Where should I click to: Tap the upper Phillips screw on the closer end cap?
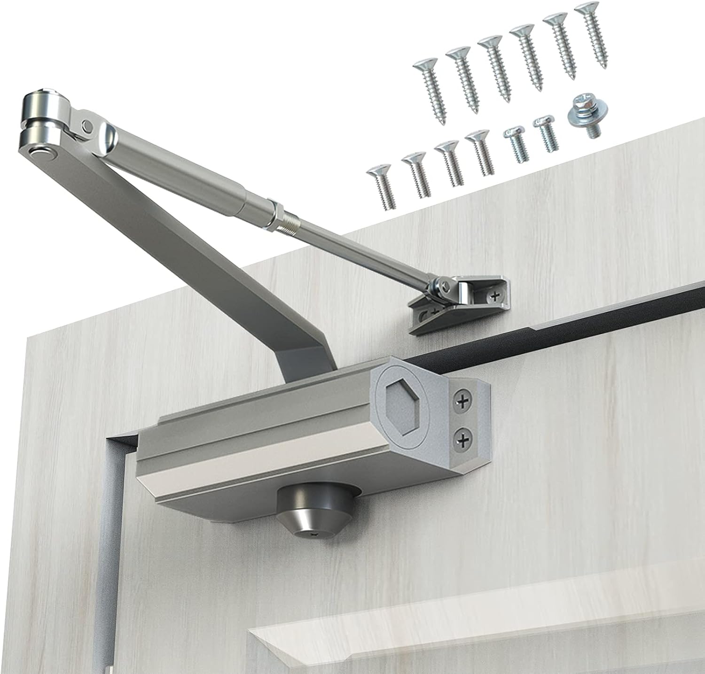(462, 401)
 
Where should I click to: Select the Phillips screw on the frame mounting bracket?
(494, 295)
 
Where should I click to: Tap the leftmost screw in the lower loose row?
(382, 186)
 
